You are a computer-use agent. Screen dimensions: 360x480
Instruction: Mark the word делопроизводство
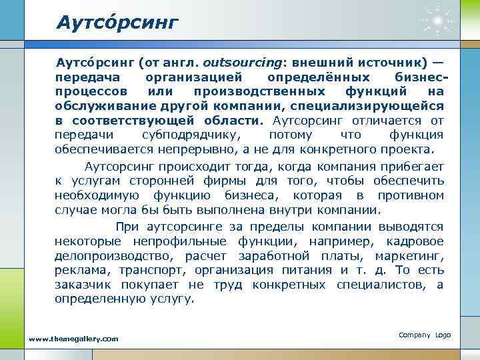pos(113,255)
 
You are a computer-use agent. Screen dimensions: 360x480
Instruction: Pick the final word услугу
pos(173,299)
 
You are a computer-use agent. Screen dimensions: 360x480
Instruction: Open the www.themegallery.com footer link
pos(73,339)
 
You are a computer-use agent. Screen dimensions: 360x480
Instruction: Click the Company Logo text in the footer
pos(424,334)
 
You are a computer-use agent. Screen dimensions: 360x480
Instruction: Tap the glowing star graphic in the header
pos(437,23)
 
